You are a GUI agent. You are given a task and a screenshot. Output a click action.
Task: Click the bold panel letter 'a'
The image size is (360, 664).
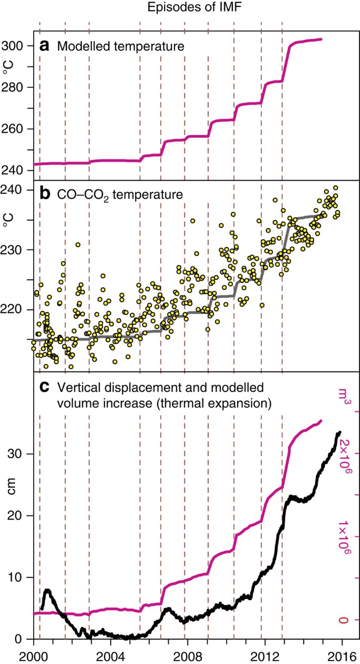pos(45,46)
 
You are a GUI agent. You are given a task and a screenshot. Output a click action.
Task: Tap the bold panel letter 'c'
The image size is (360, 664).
pos(45,388)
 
